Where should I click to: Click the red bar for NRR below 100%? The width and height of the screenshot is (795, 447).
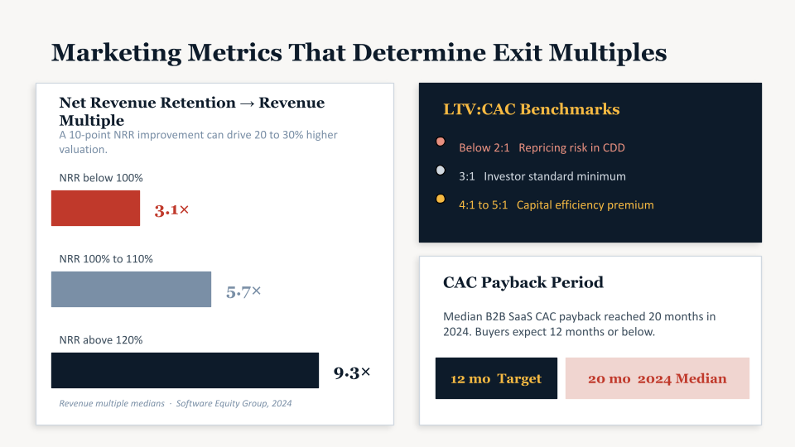pyautogui.click(x=95, y=208)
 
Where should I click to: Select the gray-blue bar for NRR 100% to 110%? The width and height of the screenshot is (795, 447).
pyautogui.click(x=131, y=290)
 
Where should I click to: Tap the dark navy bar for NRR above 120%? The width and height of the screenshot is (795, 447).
pyautogui.click(x=185, y=370)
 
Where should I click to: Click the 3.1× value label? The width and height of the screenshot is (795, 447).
pyautogui.click(x=171, y=210)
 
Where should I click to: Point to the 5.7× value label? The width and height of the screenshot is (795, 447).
pyautogui.click(x=243, y=291)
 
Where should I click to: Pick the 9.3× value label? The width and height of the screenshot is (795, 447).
pyautogui.click(x=352, y=372)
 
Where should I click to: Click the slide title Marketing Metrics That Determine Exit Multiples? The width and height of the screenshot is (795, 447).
pyautogui.click(x=359, y=52)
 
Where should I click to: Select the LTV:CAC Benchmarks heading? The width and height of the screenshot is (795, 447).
pyautogui.click(x=531, y=109)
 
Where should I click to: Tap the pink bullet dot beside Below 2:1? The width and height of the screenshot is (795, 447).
pyautogui.click(x=441, y=142)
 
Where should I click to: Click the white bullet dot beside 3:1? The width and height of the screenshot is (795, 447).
pyautogui.click(x=441, y=171)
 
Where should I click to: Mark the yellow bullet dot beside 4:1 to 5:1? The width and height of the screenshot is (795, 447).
pyautogui.click(x=441, y=199)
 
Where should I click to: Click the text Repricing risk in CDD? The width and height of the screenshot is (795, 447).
pyautogui.click(x=571, y=148)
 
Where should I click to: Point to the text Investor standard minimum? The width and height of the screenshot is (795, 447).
pyautogui.click(x=555, y=176)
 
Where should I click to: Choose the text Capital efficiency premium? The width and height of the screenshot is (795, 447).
pyautogui.click(x=585, y=204)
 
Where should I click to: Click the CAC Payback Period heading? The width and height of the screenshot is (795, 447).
pyautogui.click(x=523, y=282)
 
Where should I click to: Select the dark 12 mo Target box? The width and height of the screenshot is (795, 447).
pyautogui.click(x=496, y=378)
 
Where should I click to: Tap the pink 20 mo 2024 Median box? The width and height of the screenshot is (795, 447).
pyautogui.click(x=657, y=378)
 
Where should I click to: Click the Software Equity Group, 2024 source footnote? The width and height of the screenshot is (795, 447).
pyautogui.click(x=234, y=403)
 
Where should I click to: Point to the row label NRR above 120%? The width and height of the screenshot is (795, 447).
pyautogui.click(x=101, y=339)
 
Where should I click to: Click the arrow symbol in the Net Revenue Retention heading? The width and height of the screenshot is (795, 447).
pyautogui.click(x=247, y=103)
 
